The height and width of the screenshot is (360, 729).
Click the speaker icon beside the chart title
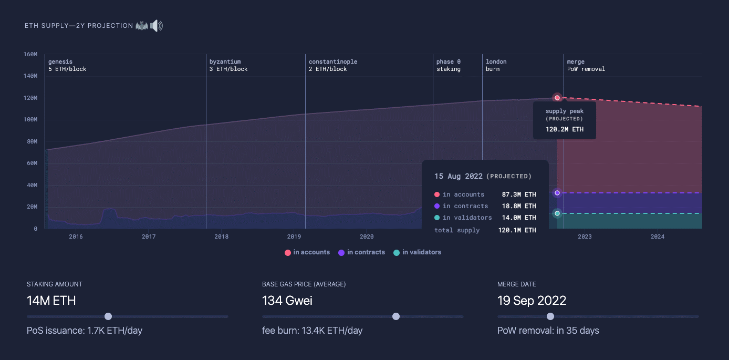[157, 26]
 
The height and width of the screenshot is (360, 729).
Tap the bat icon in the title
[142, 26]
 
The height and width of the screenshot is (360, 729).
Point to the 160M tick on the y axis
[30, 54]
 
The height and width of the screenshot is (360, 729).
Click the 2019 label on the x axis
[294, 236]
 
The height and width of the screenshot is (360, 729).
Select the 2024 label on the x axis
[657, 236]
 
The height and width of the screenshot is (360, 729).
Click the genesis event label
[67, 65]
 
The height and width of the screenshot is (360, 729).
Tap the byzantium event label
[228, 65]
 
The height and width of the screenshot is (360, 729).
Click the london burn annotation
[496, 65]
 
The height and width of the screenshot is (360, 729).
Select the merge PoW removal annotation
[586, 65]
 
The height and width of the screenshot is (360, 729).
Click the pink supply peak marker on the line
[557, 98]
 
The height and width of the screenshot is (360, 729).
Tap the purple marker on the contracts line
[557, 193]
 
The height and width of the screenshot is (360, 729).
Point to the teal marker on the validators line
[557, 213]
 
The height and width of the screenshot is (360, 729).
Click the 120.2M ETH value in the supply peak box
[564, 129]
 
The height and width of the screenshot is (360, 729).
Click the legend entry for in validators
[417, 252]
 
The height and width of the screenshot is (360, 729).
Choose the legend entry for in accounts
[307, 252]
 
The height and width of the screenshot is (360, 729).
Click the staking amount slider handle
[108, 316]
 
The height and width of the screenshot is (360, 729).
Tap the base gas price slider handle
[396, 316]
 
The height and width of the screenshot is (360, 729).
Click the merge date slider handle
[550, 316]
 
